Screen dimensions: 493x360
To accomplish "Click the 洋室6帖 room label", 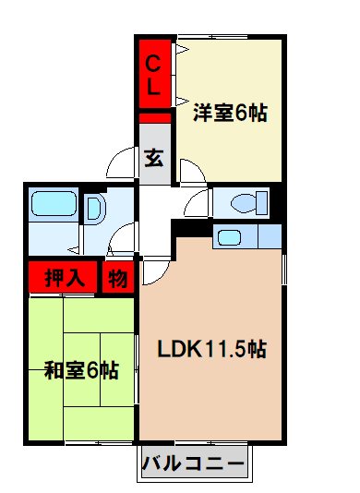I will [230, 114].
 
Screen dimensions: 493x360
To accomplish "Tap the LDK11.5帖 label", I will [212, 350].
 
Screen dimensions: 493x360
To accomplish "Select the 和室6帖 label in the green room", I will [81, 371].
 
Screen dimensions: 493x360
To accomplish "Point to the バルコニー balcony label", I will [195, 463].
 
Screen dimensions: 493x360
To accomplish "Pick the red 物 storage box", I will [118, 276].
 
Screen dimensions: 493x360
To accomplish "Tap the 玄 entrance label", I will [154, 156].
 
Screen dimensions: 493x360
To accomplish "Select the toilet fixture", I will [247, 201].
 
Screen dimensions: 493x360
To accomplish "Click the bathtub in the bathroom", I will [54, 205].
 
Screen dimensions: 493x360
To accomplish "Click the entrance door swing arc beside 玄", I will [121, 163].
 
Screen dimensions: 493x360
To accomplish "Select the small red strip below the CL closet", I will [155, 117].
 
